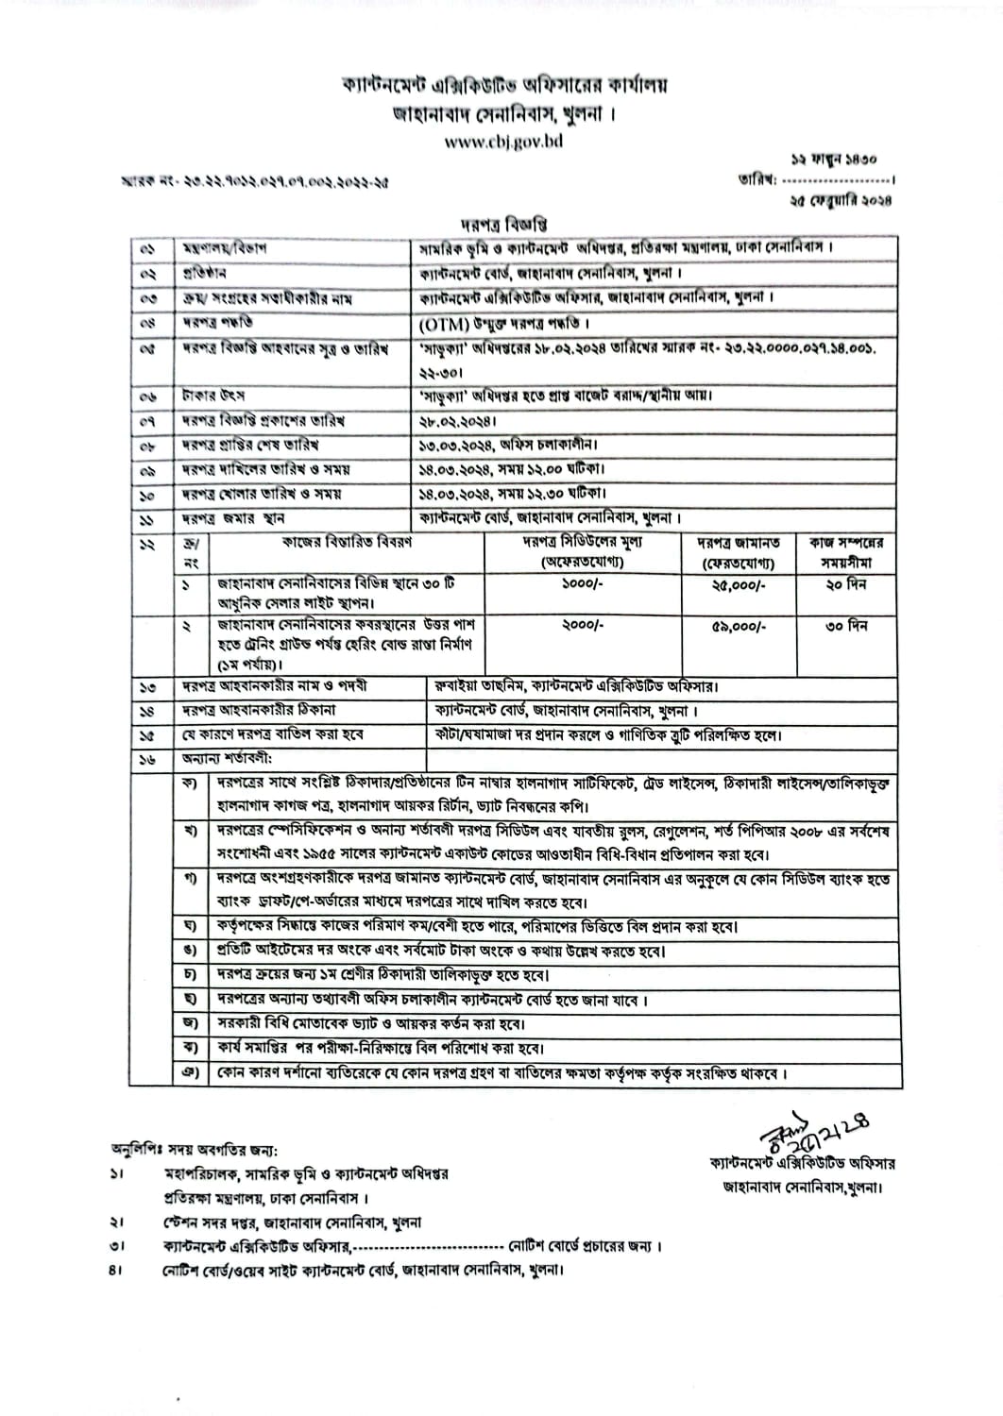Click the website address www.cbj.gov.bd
(x=503, y=143)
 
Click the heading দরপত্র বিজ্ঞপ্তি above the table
(x=504, y=225)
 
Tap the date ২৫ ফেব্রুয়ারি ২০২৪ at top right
(x=841, y=200)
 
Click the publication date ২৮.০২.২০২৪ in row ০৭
(x=458, y=420)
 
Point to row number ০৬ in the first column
(x=147, y=396)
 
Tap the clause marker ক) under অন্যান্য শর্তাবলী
(x=192, y=784)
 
